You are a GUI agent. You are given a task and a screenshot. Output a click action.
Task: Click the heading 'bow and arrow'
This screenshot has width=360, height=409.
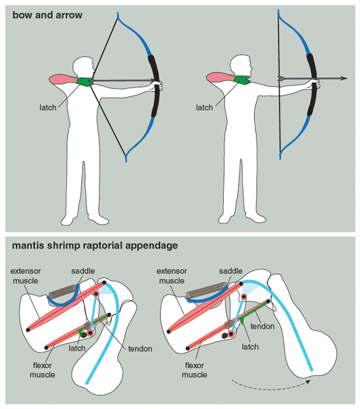pyautogui.click(x=47, y=15)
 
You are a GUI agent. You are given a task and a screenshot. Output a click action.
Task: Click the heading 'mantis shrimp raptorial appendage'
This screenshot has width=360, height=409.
pyautogui.click(x=95, y=245)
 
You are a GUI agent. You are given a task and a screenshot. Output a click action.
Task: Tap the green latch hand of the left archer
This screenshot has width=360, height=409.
pyautogui.click(x=85, y=81)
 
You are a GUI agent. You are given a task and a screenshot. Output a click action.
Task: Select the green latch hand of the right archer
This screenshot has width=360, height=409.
pyautogui.click(x=242, y=80)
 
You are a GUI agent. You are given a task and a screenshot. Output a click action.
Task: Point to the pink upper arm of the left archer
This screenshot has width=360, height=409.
pyautogui.click(x=63, y=79)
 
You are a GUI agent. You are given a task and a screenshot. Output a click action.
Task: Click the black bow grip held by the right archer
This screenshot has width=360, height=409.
pyautogui.click(x=312, y=84)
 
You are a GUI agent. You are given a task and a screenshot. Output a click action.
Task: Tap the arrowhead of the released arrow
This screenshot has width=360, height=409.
pyautogui.click(x=344, y=79)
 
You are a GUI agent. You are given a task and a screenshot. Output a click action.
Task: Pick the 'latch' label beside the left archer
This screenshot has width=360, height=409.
pyautogui.click(x=48, y=107)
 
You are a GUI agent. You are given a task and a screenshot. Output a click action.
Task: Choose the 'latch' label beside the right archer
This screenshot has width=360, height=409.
pyautogui.click(x=204, y=107)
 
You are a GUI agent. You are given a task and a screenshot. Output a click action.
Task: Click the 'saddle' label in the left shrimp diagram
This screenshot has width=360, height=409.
pyautogui.click(x=83, y=271)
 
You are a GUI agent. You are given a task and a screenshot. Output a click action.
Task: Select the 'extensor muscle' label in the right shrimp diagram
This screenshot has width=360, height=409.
pyautogui.click(x=171, y=276)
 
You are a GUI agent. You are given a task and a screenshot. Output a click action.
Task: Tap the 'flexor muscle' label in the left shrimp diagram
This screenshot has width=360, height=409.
pyautogui.click(x=43, y=370)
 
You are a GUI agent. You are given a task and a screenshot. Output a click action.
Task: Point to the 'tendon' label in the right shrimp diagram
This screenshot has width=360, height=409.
pyautogui.click(x=262, y=326)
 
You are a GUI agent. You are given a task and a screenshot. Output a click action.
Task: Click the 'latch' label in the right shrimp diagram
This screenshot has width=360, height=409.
pyautogui.click(x=250, y=347)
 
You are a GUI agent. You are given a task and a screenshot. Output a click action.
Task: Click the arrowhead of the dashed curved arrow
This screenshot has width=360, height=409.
pyautogui.click(x=308, y=382)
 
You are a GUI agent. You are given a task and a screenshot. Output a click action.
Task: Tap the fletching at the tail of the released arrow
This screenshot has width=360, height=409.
pyautogui.click(x=281, y=78)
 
